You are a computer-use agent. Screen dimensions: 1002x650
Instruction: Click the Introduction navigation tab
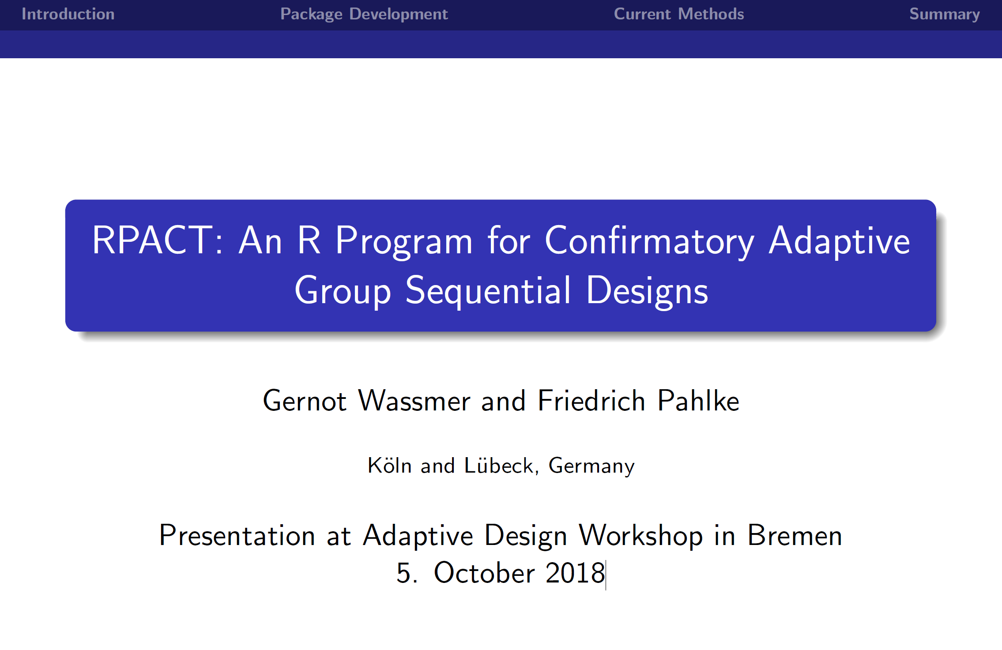pos(68,14)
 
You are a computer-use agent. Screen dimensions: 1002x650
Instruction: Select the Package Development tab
pos(364,14)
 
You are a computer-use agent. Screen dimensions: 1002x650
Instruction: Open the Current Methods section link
pos(679,14)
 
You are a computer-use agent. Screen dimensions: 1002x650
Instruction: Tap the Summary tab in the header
pos(945,14)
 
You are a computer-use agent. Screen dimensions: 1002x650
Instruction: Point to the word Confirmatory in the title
pos(649,241)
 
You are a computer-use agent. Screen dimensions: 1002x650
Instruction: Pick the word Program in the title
pos(404,241)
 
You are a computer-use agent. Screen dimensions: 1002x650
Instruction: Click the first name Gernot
pos(305,401)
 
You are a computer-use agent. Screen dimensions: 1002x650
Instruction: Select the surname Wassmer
pos(414,401)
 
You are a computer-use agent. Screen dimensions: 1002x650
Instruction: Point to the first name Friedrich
pos(592,401)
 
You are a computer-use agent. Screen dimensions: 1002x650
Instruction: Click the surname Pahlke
pos(698,401)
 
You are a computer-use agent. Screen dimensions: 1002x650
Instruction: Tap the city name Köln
pos(390,465)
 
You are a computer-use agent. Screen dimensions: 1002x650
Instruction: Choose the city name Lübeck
pos(499,465)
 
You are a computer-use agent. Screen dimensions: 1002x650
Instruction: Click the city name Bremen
pos(795,535)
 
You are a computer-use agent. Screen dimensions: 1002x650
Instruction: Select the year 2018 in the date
pos(575,573)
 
